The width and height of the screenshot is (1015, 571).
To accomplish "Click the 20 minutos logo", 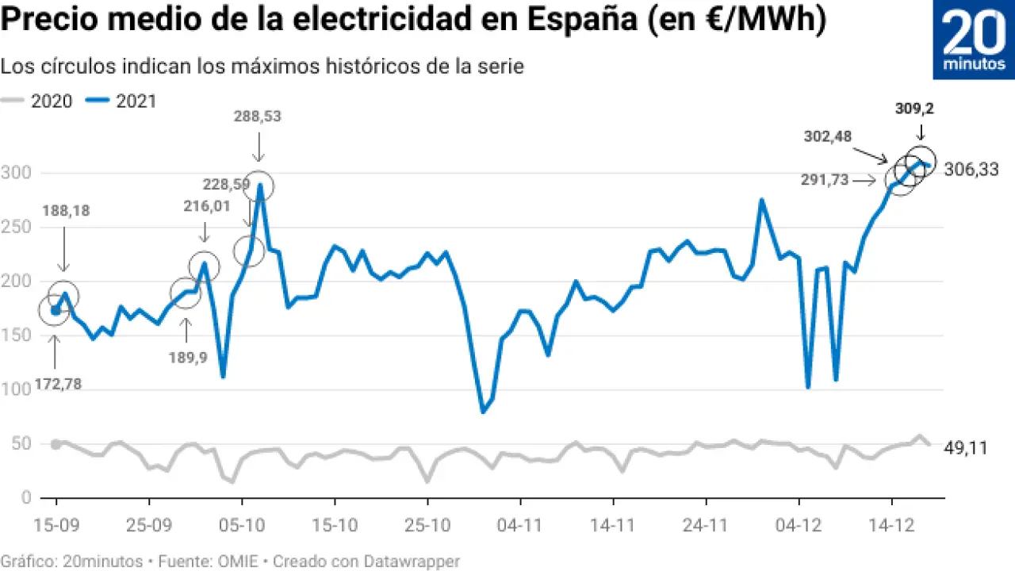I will point(974,40).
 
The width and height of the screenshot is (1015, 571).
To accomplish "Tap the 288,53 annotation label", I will point(257,117).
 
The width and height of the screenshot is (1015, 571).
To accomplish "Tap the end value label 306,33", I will point(971,169).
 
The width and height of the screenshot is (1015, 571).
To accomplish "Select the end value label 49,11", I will point(965,448).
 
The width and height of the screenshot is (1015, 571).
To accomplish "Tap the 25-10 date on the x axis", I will point(427,524).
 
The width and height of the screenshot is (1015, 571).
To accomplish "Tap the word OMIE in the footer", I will point(242,561).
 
